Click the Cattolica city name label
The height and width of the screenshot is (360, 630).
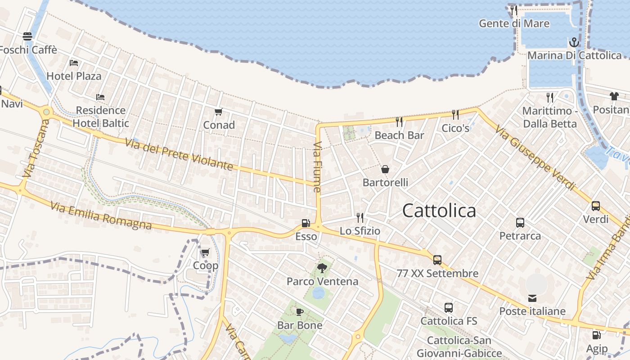(439, 211)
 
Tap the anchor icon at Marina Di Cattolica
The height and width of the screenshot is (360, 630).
(574, 42)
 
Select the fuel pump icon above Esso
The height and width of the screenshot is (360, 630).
(306, 223)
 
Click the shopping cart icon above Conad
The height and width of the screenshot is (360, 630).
(219, 112)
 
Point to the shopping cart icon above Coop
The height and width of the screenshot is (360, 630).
(205, 252)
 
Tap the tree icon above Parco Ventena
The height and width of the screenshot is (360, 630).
(322, 268)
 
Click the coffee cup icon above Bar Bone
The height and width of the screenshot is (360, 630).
(300, 312)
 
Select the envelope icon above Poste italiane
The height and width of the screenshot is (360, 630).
(532, 298)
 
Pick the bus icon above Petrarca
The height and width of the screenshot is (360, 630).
(520, 222)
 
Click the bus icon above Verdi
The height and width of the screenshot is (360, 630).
(596, 206)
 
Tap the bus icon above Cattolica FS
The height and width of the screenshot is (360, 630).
(449, 308)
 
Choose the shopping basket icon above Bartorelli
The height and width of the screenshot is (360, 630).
(385, 169)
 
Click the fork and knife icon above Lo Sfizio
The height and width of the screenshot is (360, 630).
(360, 218)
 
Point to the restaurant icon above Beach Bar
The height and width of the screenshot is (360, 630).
(399, 121)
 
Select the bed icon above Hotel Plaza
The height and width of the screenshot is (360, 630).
(74, 63)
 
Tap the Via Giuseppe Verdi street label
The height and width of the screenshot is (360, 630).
(535, 158)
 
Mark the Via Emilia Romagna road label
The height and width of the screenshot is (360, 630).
(101, 216)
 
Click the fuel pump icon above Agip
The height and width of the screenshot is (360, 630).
(596, 335)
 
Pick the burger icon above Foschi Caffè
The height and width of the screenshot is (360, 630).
(27, 36)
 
